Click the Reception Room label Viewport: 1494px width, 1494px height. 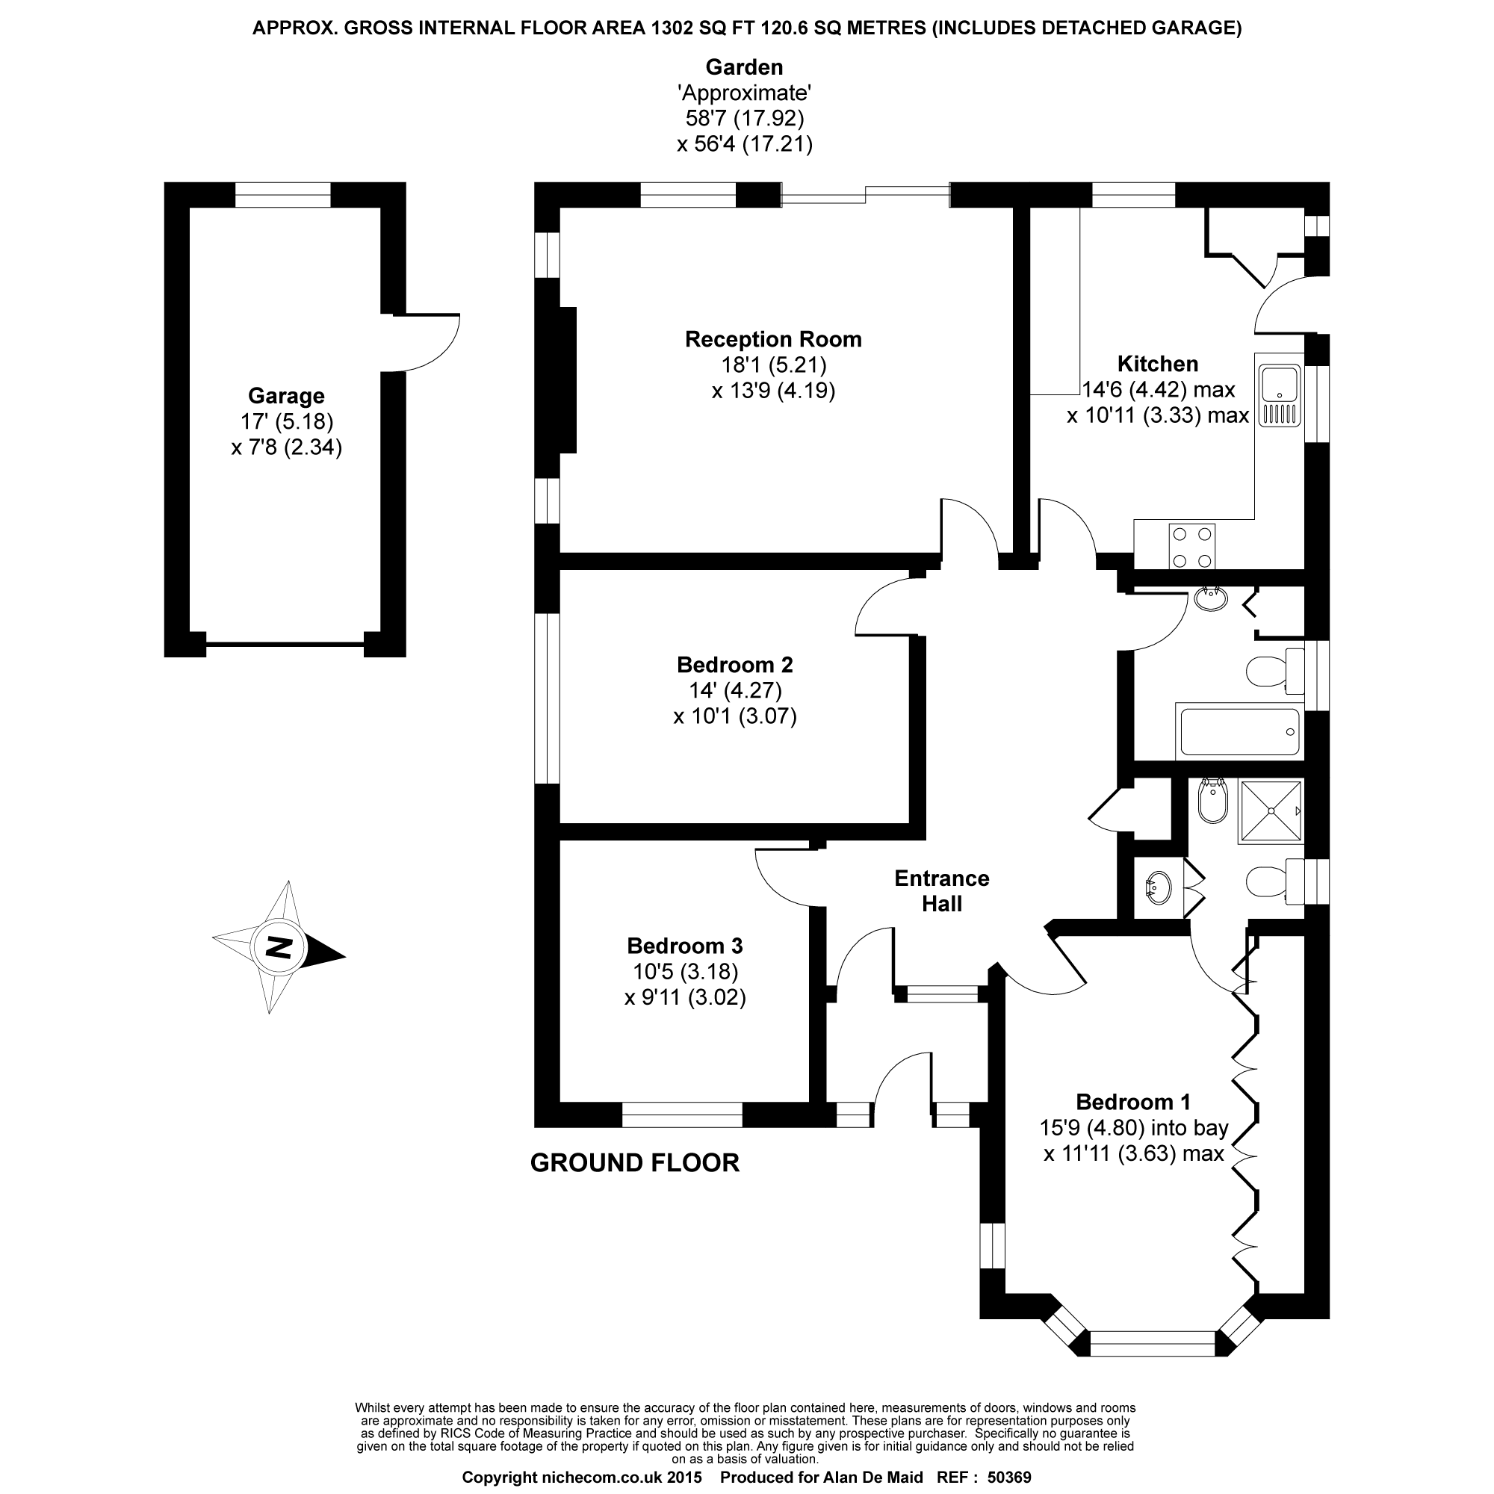coord(772,339)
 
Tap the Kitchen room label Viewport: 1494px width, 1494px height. coord(1157,364)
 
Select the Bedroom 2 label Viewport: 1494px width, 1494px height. coord(734,664)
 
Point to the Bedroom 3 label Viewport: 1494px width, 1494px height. coord(684,946)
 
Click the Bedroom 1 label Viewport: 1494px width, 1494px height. coord(1133,1102)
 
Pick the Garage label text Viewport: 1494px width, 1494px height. coord(286,396)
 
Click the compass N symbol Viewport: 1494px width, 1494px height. coord(278,947)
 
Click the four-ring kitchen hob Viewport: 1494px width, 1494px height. coord(1191,547)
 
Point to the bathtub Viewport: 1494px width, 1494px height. coord(1238,731)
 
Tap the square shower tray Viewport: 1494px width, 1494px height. coord(1271,811)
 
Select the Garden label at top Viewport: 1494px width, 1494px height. coord(744,67)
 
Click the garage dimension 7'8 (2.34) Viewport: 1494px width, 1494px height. coord(286,447)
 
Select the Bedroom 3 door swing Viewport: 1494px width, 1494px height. coord(783,878)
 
